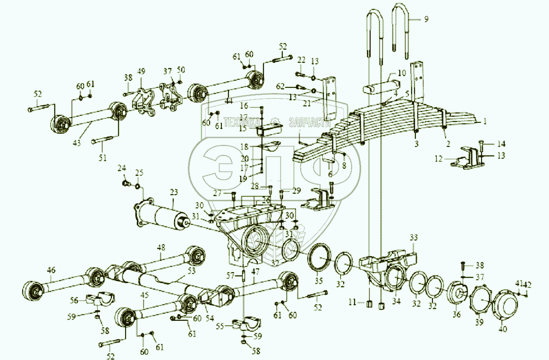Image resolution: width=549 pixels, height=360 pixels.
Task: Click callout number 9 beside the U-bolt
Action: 426,19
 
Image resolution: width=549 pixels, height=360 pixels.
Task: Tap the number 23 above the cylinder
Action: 174,192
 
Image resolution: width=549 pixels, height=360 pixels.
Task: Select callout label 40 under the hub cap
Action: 503,329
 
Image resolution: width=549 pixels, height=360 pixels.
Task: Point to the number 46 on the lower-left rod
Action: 51,270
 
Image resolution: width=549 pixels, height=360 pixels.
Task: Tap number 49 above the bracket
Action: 141,71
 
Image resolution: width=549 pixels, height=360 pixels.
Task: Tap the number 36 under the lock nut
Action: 456,314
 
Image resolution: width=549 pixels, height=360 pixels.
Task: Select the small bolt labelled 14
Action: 481,146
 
